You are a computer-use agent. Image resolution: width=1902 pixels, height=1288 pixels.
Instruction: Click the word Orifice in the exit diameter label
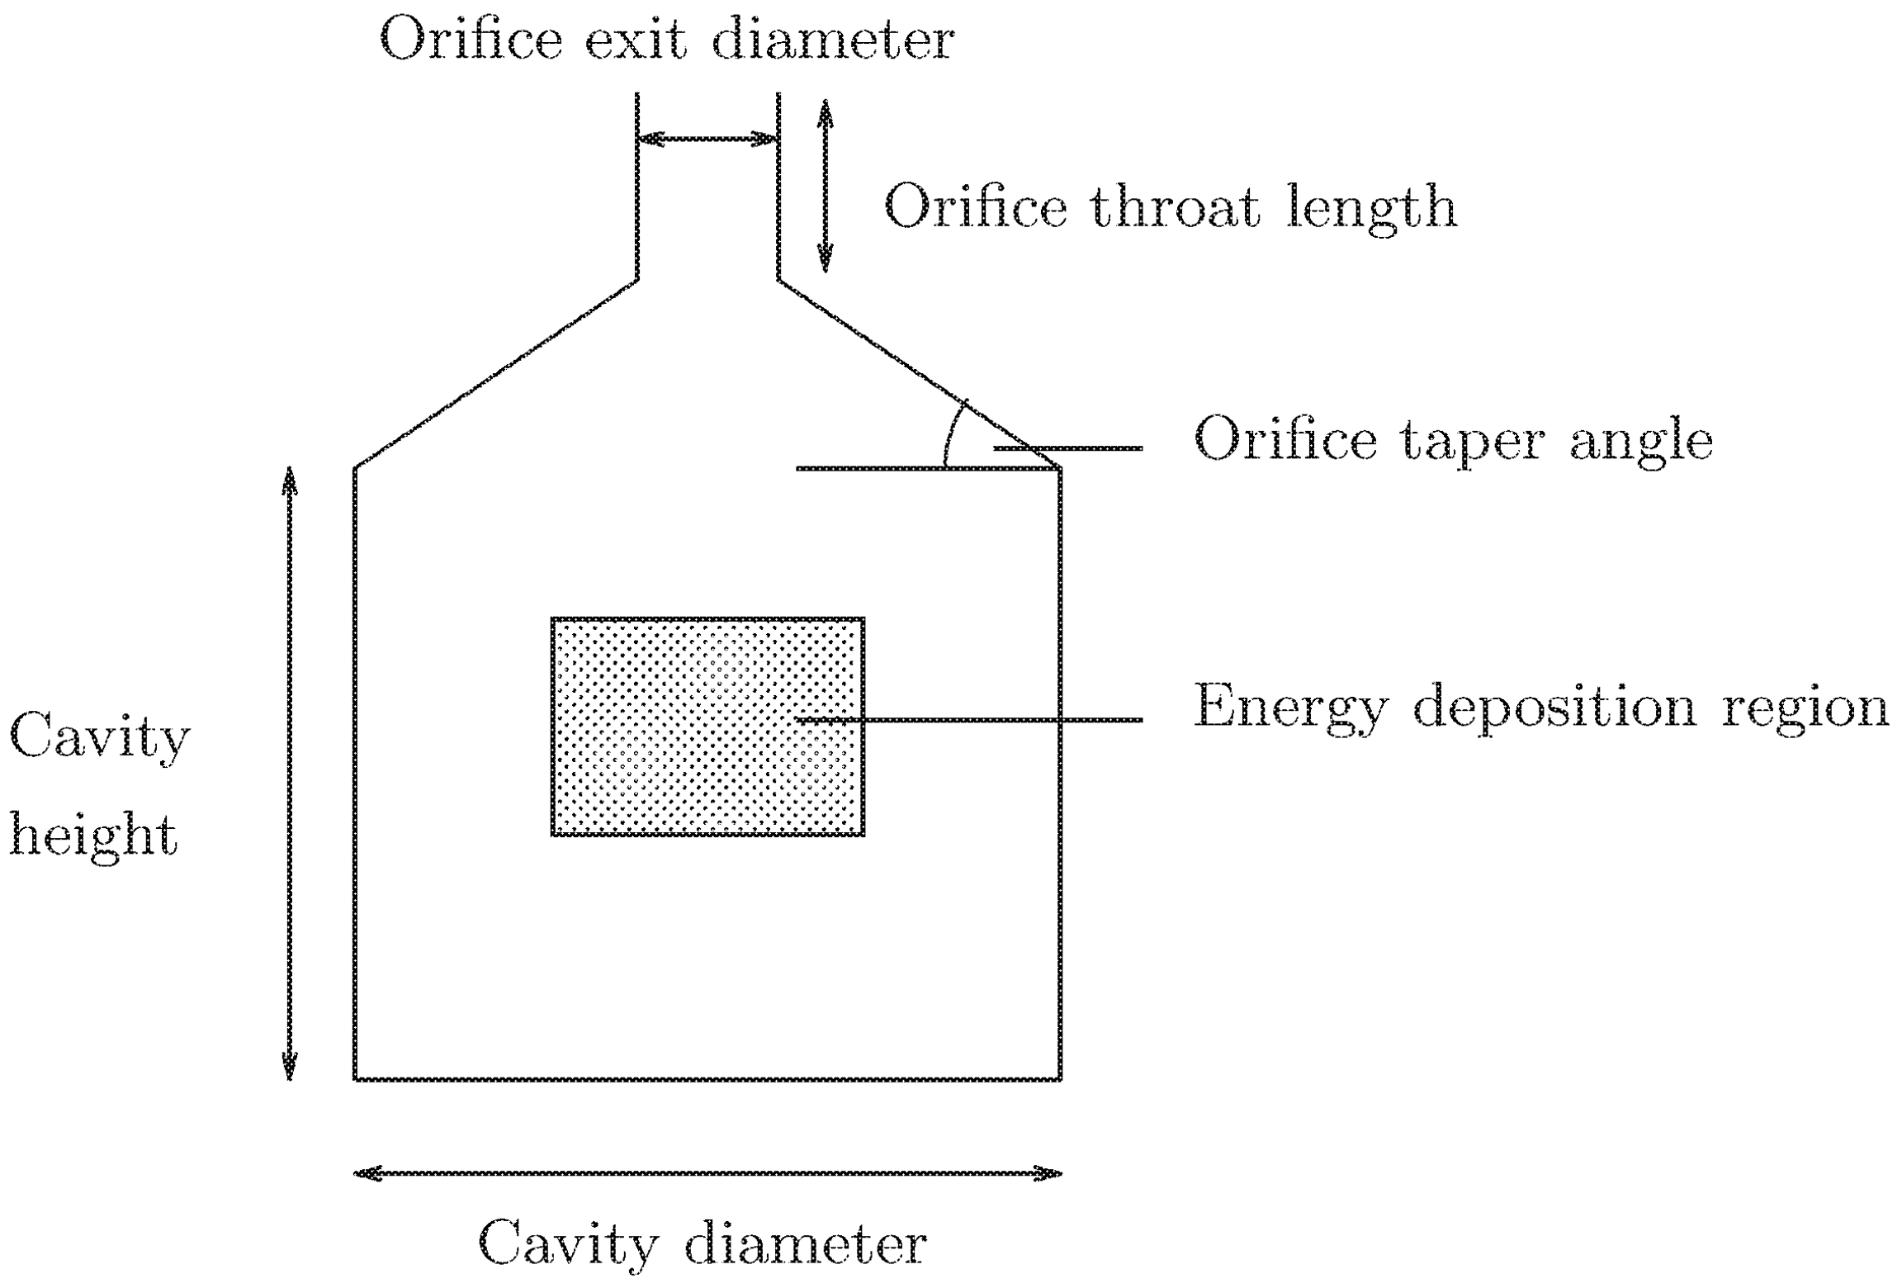471,40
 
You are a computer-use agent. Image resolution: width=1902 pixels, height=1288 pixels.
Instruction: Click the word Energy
1290,708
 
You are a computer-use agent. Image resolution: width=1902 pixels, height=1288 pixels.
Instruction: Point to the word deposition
1554,708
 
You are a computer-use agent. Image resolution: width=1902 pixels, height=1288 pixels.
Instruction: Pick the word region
1805,708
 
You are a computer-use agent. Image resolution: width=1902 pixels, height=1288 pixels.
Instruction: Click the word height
92,836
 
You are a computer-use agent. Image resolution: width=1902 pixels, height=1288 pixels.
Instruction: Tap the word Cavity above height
99,736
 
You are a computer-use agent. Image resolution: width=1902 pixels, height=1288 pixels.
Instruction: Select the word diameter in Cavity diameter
805,1244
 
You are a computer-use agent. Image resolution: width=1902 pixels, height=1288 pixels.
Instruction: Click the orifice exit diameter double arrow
707,139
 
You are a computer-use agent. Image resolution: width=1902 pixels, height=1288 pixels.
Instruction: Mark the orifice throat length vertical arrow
825,186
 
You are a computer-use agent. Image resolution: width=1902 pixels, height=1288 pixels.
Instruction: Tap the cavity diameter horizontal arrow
707,1173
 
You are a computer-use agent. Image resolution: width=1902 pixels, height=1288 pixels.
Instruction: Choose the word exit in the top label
636,40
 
